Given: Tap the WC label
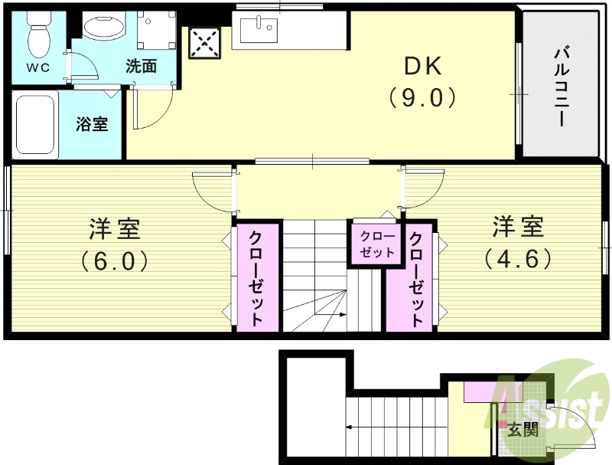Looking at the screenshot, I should [37, 67].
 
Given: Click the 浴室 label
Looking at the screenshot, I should [92, 124].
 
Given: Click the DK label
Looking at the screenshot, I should [422, 67].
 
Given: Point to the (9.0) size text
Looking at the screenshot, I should [422, 98].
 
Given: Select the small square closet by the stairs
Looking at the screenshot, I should [377, 244].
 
